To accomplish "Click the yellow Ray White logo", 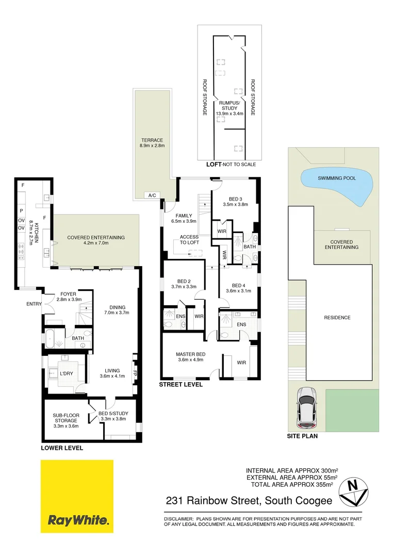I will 77,496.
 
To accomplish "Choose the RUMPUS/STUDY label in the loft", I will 229,105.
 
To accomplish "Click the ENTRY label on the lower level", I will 34,304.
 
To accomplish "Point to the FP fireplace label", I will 135,372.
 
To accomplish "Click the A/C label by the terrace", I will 152,195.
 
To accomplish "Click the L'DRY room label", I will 66,373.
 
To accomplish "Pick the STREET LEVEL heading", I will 180,385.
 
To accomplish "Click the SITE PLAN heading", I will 302,436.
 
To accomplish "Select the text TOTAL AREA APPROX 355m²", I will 291,485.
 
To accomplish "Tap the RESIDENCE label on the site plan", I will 338,318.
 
